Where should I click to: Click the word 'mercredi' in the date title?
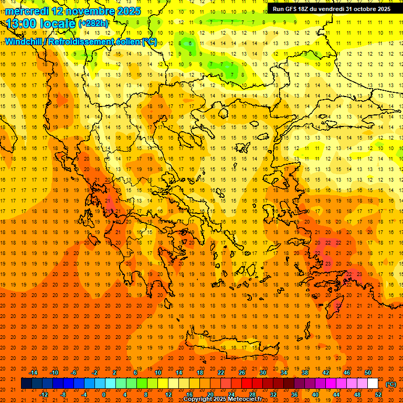(27, 10)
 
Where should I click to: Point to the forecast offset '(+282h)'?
(93, 24)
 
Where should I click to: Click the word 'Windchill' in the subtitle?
(24, 41)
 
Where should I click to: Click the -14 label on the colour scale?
(34, 373)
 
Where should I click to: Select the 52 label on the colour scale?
(378, 395)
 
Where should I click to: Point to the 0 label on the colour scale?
(104, 395)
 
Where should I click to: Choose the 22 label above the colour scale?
(221, 373)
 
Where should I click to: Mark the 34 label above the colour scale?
(284, 373)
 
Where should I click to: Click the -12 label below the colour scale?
(44, 395)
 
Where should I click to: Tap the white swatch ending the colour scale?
(373, 384)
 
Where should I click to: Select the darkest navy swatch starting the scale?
(26, 384)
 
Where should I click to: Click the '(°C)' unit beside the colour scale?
(391, 384)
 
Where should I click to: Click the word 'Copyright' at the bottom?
(198, 399)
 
